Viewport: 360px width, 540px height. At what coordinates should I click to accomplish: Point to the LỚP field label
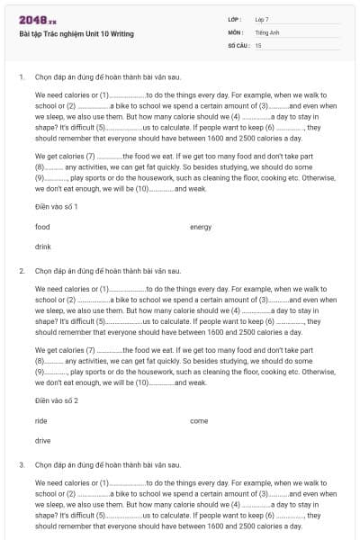(x=235, y=19)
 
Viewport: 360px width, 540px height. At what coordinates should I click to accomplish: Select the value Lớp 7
(x=262, y=19)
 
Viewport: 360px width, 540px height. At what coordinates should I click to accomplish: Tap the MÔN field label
(x=235, y=31)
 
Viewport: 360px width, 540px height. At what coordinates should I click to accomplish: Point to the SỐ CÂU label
(x=238, y=44)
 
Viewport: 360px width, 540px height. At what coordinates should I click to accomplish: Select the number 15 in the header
(x=258, y=44)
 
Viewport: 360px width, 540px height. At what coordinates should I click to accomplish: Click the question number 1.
(x=21, y=76)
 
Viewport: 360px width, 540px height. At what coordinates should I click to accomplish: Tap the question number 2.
(x=21, y=270)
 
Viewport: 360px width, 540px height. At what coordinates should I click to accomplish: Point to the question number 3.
(x=21, y=464)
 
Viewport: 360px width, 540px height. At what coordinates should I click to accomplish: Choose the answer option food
(x=42, y=227)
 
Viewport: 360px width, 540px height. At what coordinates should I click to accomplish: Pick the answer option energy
(x=201, y=227)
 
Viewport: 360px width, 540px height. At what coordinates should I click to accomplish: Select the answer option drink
(x=43, y=246)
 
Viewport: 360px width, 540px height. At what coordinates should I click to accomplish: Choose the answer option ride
(x=41, y=421)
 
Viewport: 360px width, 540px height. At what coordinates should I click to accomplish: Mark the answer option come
(x=199, y=421)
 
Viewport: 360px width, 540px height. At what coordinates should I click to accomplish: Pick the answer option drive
(x=43, y=440)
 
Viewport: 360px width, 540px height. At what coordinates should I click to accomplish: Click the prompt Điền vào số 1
(x=57, y=207)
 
